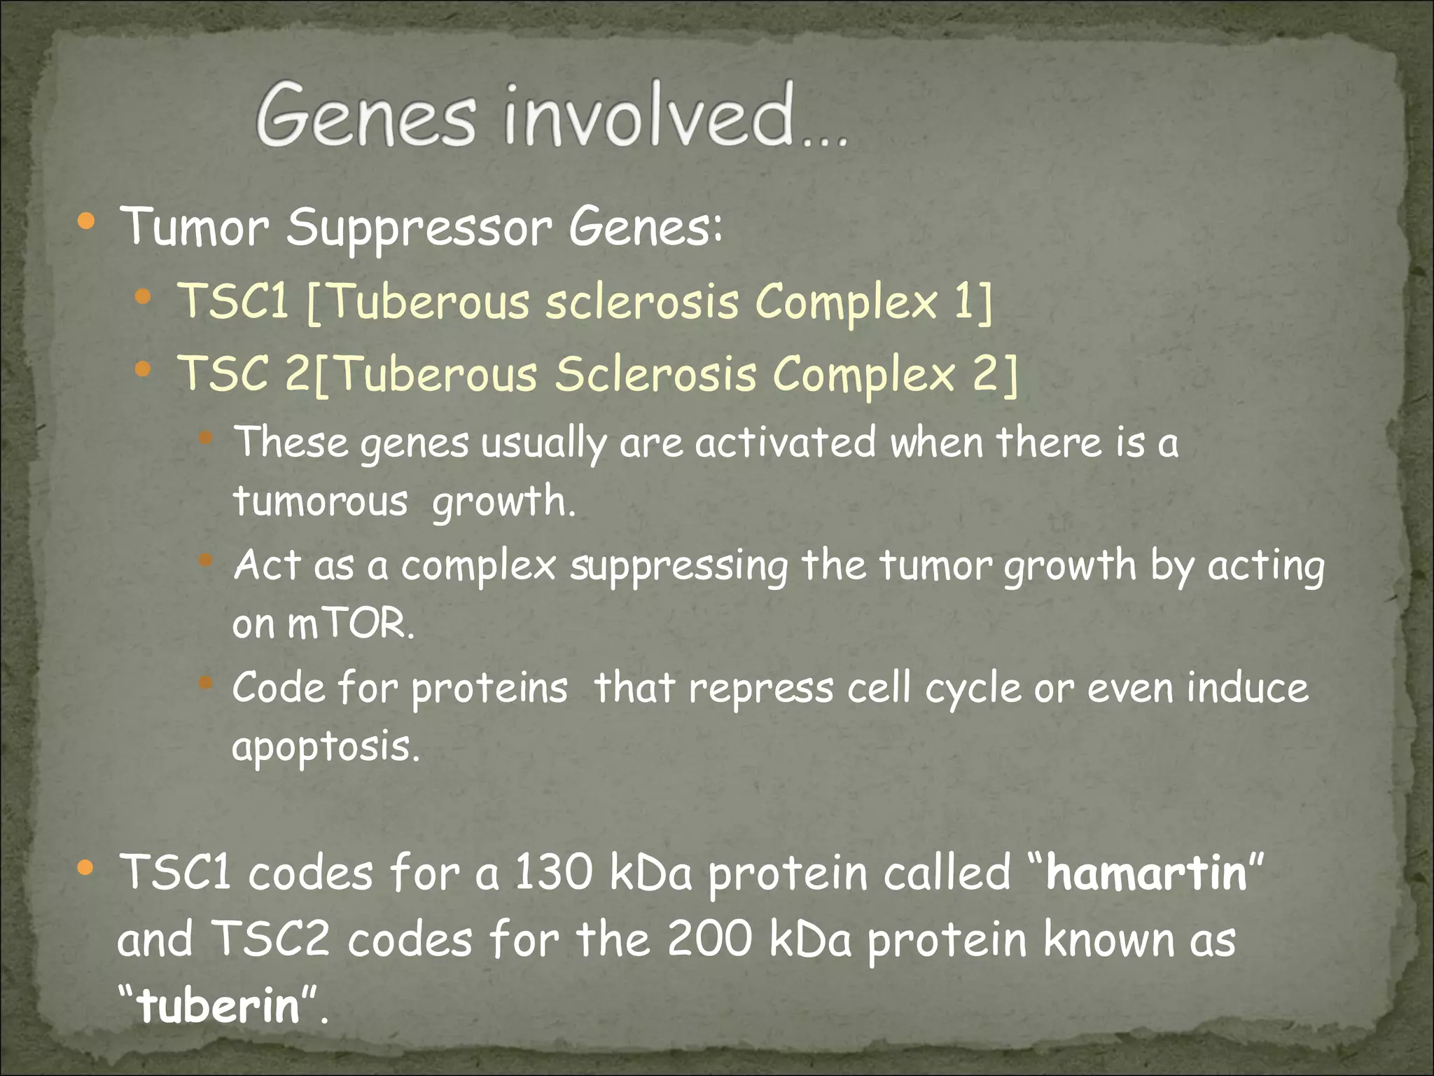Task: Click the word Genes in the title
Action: click(x=366, y=116)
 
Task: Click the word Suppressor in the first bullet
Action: click(x=419, y=228)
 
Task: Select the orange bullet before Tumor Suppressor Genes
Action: click(x=86, y=223)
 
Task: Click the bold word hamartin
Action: click(x=1146, y=874)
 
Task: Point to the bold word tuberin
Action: click(x=219, y=1006)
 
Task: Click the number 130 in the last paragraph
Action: click(x=553, y=874)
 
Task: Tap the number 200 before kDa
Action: click(x=709, y=940)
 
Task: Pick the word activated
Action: click(x=785, y=443)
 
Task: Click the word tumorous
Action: click(x=320, y=502)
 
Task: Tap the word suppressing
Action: click(x=678, y=566)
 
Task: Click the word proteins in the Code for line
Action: click(x=489, y=689)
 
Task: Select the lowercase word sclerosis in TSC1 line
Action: click(x=641, y=302)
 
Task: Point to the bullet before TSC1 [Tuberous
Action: click(x=143, y=298)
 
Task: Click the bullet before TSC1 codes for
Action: click(x=86, y=869)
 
